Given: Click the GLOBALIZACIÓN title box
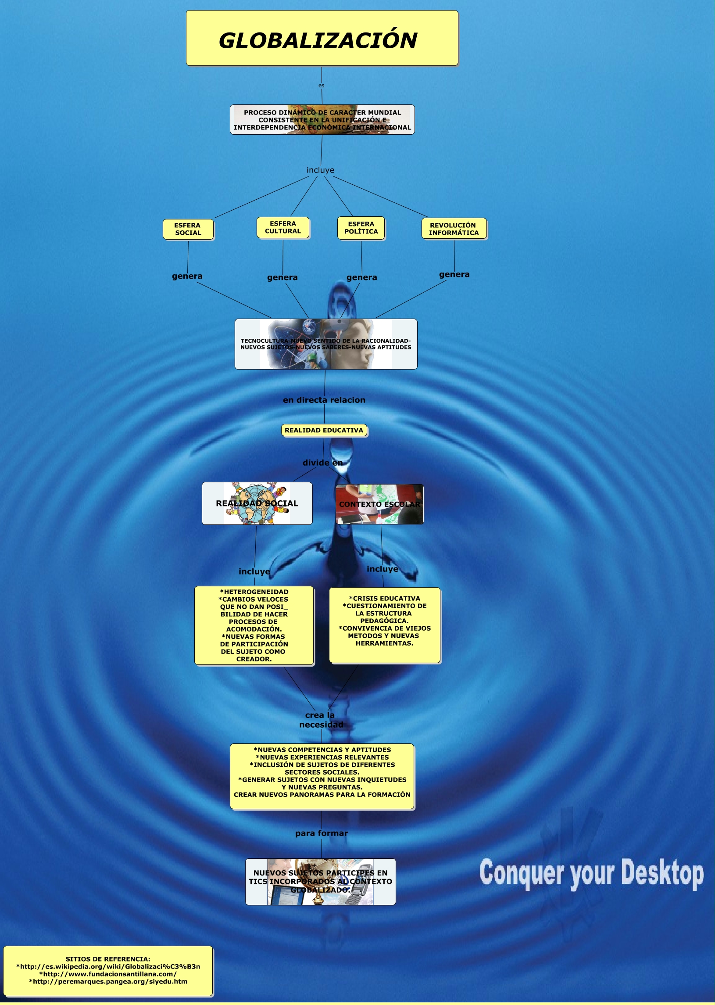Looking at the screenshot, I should (322, 39).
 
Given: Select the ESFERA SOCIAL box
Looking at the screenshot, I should (188, 230).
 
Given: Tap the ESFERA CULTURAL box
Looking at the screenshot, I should (282, 228).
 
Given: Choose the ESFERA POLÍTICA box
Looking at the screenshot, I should (361, 228).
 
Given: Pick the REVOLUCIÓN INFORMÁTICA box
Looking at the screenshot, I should (454, 229).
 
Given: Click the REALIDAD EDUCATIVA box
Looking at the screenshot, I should (324, 430).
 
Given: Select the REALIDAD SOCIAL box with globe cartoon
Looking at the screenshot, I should (257, 503).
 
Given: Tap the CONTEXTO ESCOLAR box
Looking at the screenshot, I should (379, 504).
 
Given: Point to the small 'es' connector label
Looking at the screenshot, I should (322, 86).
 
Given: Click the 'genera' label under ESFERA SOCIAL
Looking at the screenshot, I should (187, 276).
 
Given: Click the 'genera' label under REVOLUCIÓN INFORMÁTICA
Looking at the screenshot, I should (454, 274).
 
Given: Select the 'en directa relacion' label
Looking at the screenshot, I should (324, 400).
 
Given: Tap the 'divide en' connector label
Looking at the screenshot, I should (323, 463).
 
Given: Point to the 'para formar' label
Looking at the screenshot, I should (322, 833).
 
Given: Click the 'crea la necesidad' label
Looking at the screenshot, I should (321, 720).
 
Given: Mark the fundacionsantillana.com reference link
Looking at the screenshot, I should (108, 974).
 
